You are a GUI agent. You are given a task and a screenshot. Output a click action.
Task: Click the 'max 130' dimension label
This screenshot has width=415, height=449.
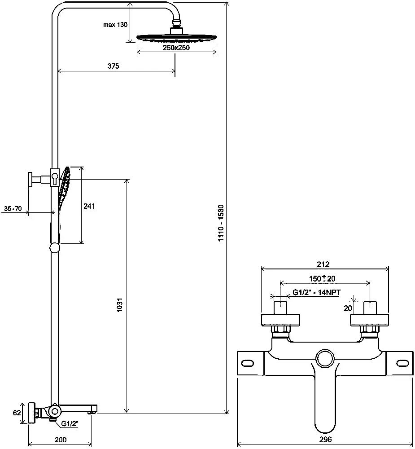pos(115,25)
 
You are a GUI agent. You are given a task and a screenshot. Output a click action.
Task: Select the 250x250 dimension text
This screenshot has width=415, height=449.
pos(176,48)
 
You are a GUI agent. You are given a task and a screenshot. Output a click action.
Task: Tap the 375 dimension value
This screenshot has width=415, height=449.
pos(113,66)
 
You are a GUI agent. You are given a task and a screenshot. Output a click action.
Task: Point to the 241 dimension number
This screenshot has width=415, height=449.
pos(90,206)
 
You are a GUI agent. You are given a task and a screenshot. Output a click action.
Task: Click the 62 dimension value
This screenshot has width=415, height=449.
pos(17,413)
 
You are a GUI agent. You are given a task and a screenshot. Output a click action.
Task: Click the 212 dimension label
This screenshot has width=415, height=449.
pos(323,264)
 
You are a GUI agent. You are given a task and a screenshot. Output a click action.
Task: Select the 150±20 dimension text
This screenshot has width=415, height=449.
pos(323,279)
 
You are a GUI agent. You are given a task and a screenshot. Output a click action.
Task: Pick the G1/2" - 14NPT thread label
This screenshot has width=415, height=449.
pos(317,293)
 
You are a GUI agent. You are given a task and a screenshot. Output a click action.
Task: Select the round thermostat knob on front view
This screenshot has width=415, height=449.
pos(325,360)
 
